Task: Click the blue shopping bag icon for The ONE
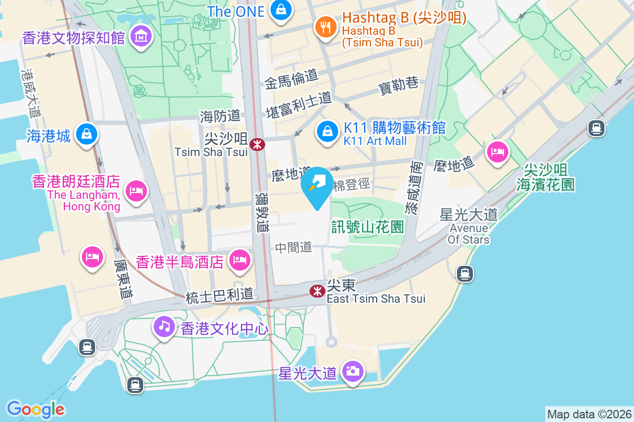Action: point(281,10)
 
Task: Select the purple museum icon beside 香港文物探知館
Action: point(141,37)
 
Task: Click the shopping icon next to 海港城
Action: point(86,134)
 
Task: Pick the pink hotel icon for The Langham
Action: point(136,189)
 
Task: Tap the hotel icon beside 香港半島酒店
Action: point(240,260)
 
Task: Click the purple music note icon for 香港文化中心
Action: point(164,326)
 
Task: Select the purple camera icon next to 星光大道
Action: point(352,371)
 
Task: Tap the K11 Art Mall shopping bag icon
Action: point(328,131)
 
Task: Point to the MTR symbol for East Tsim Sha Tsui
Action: point(317,291)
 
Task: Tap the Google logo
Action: point(35,409)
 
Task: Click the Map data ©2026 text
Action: point(589,414)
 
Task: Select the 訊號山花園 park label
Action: point(368,227)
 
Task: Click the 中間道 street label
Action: point(294,247)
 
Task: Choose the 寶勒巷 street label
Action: point(399,85)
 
